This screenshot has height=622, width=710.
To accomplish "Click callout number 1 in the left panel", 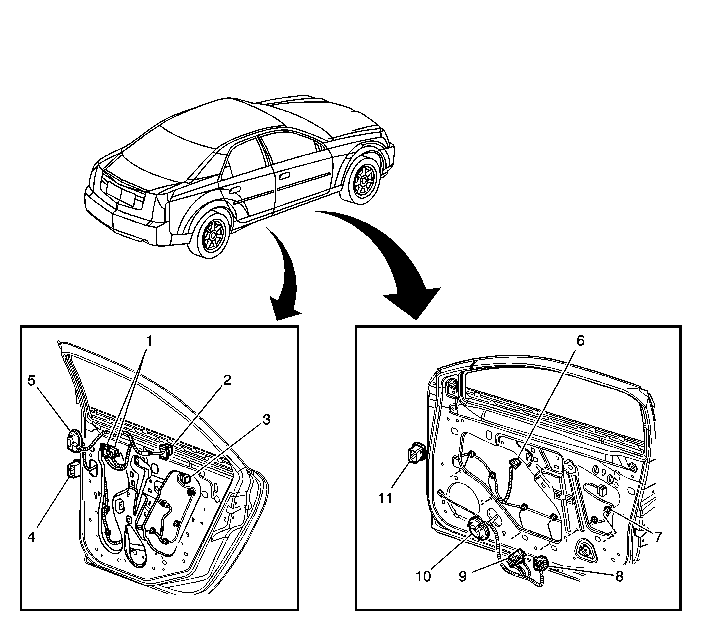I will coord(149,341).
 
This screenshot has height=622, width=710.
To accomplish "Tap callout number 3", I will coord(266,420).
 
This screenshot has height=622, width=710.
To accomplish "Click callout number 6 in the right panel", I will coord(580,341).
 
